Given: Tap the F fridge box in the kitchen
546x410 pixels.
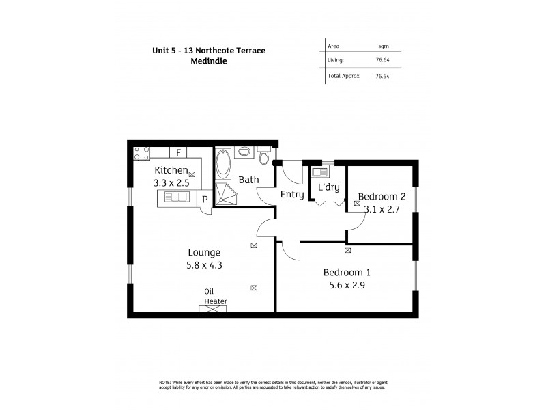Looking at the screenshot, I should (x=178, y=153).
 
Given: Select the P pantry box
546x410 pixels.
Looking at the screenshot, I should (x=204, y=198).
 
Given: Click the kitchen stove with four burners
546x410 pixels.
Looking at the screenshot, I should (x=141, y=153).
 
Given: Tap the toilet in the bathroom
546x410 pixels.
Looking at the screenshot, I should (x=264, y=158).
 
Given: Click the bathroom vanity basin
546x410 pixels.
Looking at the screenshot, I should (x=244, y=152).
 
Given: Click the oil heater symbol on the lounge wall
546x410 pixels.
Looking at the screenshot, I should (x=213, y=310).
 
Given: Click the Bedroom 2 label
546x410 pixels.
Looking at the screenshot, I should (x=382, y=197).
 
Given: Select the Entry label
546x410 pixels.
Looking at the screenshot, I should (x=291, y=195).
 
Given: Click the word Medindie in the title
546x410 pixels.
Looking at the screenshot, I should (x=210, y=60).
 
